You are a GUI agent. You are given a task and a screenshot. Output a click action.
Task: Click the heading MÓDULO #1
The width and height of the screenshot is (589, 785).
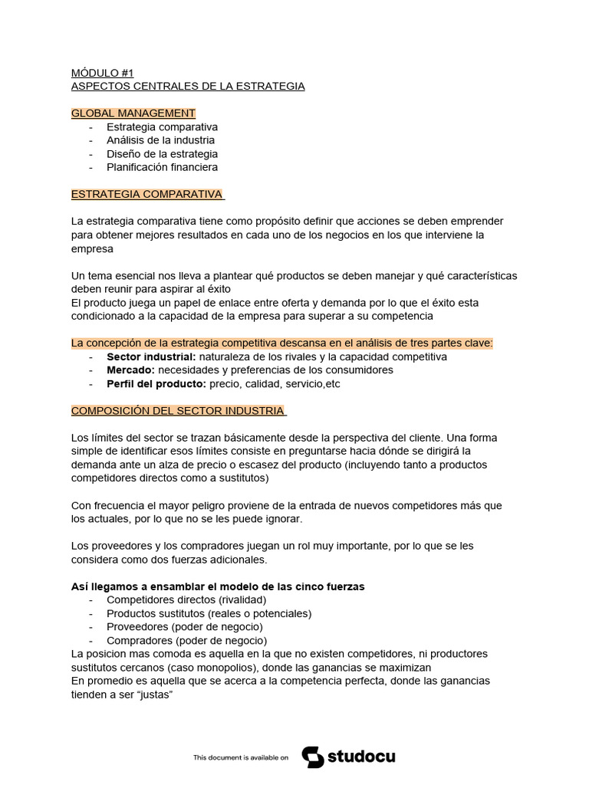coord(102,73)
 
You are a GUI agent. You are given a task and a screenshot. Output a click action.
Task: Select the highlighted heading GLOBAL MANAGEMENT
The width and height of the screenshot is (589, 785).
coord(133,113)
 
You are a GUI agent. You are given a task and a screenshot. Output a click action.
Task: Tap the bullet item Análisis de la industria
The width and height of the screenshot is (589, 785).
coord(160,140)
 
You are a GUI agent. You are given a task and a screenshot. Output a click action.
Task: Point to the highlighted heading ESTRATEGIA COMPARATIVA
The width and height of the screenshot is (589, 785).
coord(146,194)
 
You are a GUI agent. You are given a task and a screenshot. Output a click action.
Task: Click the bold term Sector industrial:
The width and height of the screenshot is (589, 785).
coord(151,356)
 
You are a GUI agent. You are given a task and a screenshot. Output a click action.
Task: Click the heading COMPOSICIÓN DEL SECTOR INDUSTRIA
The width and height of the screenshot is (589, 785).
coord(177,411)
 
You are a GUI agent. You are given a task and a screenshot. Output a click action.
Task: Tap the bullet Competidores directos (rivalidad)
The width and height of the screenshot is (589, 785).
coord(186,600)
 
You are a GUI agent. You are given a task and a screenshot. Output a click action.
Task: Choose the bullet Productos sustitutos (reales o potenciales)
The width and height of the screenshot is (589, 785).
coord(209,613)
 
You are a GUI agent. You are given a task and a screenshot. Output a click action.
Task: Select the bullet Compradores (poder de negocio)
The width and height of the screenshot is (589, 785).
coord(186,640)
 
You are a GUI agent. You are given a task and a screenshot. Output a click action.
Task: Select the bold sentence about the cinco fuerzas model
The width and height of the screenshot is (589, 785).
coord(217,586)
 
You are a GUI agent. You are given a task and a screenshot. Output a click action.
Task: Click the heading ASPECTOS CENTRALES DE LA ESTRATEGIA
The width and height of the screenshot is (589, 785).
coord(188,86)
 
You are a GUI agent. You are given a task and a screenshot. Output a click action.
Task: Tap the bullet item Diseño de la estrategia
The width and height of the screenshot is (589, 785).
coord(162,153)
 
